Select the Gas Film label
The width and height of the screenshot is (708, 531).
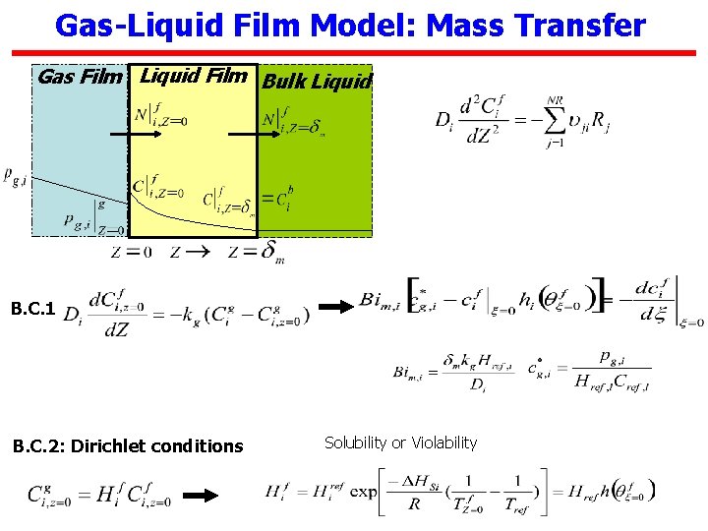(x=80, y=76)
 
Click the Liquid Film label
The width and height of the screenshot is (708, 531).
(x=194, y=75)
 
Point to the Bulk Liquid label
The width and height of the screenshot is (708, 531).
(x=317, y=81)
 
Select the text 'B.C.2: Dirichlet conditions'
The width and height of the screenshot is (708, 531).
(x=127, y=445)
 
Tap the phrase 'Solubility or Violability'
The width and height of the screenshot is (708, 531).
(x=400, y=442)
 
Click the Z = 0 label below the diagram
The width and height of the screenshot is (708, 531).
(x=132, y=252)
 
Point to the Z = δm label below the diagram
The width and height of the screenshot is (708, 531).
(x=256, y=253)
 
